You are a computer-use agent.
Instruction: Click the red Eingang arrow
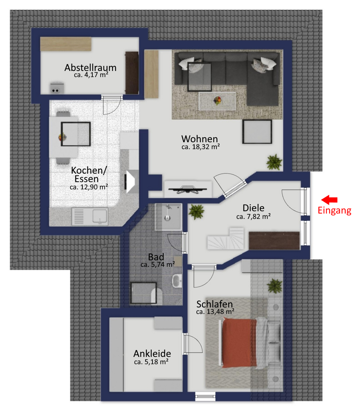tap(329, 200)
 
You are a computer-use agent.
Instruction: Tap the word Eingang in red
tap(334, 211)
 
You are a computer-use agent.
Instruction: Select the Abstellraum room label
tap(90, 67)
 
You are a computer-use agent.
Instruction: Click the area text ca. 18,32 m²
tap(201, 147)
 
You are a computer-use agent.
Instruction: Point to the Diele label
tap(254, 208)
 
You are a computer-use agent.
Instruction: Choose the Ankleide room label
tap(152, 353)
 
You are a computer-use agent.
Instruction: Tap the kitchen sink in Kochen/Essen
tap(90, 217)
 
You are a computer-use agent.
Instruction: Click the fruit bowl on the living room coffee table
tap(218, 100)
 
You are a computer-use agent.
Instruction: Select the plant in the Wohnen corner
tap(274, 162)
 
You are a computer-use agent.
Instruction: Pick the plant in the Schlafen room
tap(275, 286)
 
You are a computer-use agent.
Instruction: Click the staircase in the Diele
tap(226, 239)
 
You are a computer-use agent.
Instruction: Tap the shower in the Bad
tap(168, 217)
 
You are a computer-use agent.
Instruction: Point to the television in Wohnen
tap(188, 189)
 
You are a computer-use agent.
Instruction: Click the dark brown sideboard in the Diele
tap(274, 240)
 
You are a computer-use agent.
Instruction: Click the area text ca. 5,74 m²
tap(158, 264)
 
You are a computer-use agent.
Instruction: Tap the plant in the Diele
tap(196, 212)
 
